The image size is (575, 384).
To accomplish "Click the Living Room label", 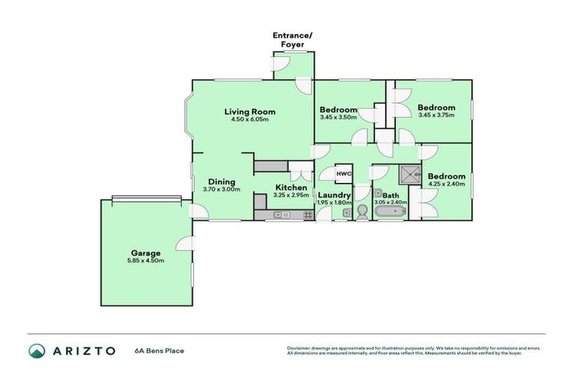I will click(246, 111).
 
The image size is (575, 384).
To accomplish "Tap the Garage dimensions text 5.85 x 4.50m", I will click(145, 260).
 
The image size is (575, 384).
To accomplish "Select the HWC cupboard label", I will click(344, 174).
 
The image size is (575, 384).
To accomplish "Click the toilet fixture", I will click(362, 212).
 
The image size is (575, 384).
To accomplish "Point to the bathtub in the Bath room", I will click(389, 214).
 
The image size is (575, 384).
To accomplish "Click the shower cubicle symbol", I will click(410, 175).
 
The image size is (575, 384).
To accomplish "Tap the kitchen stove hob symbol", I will click(307, 215).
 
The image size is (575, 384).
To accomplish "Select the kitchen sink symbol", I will click(282, 215).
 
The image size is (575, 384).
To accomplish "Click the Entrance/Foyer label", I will click(292, 39).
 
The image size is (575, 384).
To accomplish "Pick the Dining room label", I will click(222, 181).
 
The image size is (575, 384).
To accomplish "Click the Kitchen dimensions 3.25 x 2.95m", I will click(290, 195).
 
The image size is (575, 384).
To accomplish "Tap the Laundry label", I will click(334, 194).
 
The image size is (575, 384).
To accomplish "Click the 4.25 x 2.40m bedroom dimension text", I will click(446, 184).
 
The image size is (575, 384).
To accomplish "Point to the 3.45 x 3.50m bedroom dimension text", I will click(338, 117).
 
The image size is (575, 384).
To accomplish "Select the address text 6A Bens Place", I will click(159, 350).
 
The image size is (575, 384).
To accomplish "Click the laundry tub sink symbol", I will click(347, 214).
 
